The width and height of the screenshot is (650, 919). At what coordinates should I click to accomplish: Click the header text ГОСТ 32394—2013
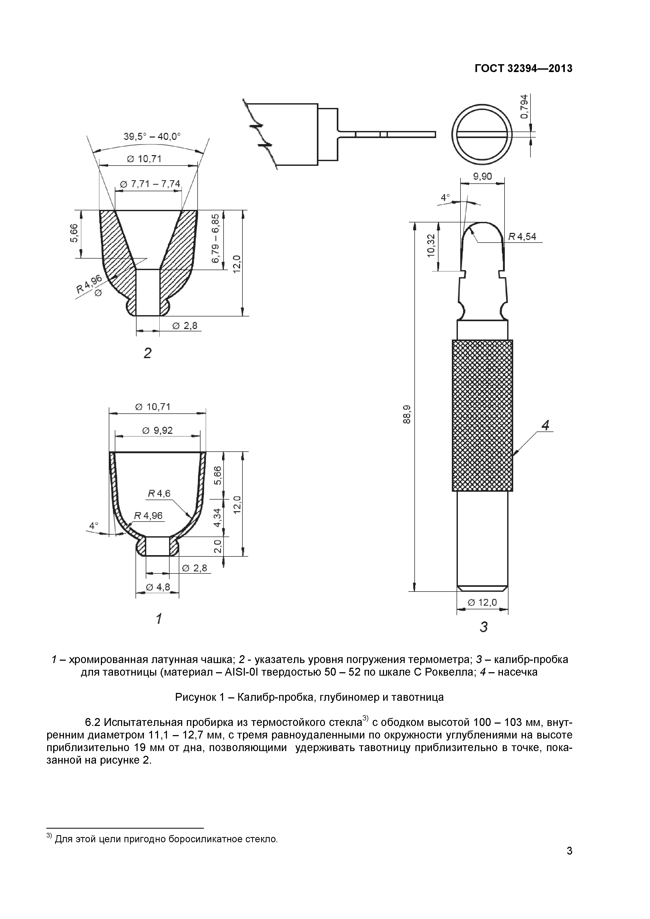[x=523, y=68]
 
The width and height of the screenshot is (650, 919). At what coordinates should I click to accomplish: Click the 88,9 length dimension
[x=407, y=414]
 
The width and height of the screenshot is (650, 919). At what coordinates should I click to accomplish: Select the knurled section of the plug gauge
[x=482, y=415]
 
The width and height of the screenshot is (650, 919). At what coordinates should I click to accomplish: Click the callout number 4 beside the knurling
[x=545, y=425]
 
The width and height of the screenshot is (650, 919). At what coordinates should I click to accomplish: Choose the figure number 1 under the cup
[x=159, y=619]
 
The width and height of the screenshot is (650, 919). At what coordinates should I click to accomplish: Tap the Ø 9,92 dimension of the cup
[x=158, y=430]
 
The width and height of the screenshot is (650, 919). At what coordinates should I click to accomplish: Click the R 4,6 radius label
[x=159, y=494]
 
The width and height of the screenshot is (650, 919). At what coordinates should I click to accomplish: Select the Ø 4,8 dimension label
[x=158, y=587]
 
